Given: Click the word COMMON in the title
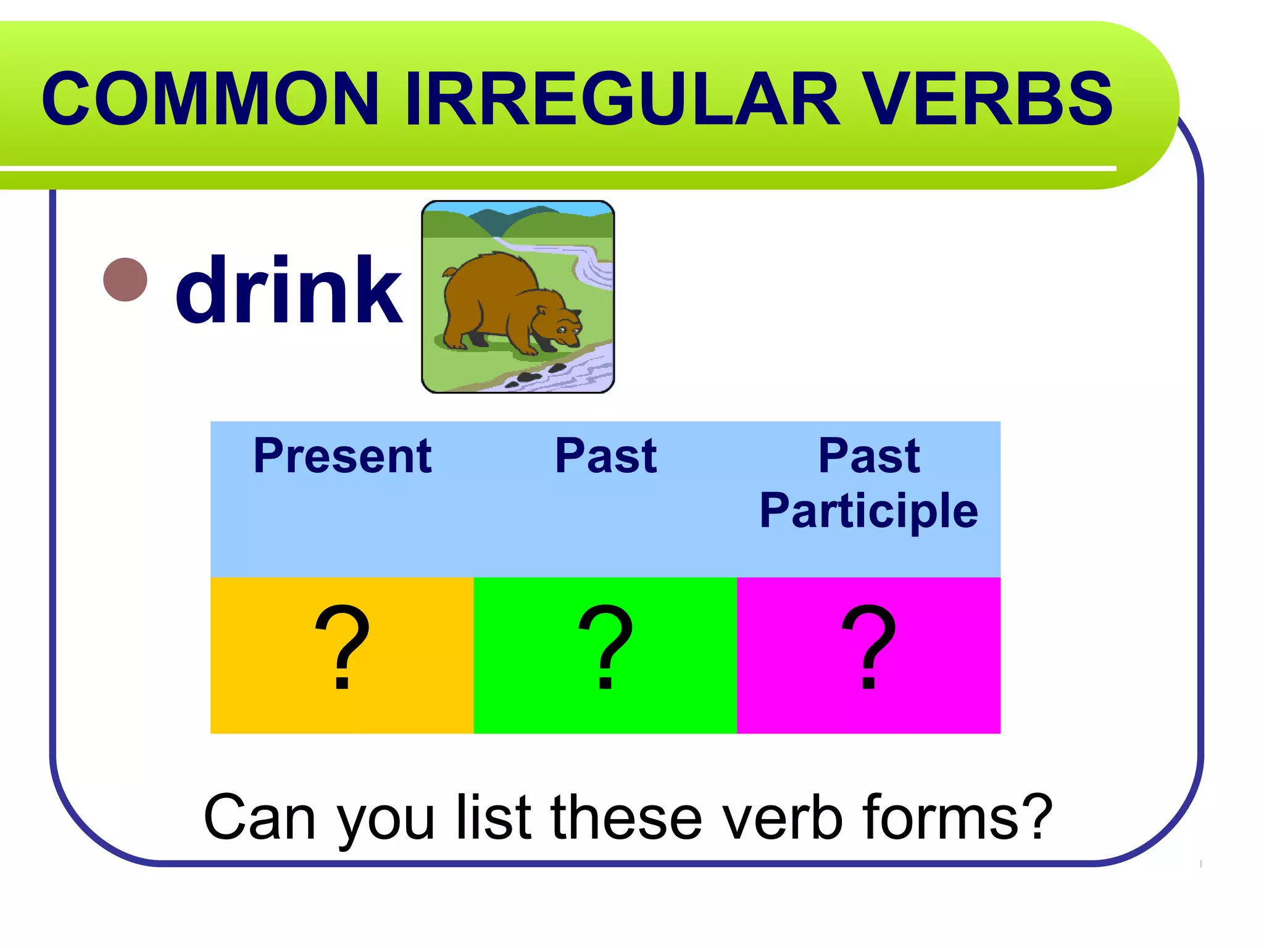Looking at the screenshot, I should pos(210,99).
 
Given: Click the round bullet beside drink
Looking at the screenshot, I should pos(125,280).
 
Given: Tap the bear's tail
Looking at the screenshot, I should pos(449,272).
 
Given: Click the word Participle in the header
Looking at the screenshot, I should pos(868,510).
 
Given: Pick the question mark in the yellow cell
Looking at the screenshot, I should pos(343,648).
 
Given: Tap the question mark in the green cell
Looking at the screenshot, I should pos(605,648).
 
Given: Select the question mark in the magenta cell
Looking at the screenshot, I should pos(868,648).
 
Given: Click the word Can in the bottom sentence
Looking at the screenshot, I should pos(260,817).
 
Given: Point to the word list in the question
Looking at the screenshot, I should pos(494,817).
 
